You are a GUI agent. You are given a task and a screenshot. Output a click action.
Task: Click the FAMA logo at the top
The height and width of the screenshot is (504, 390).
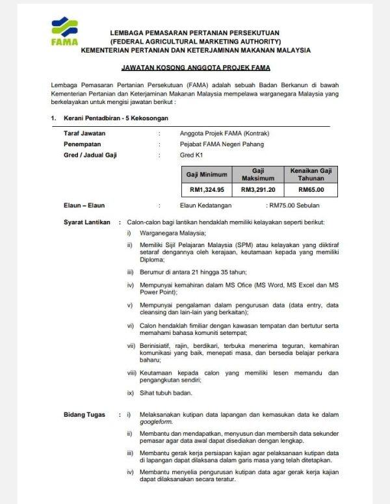click(x=64, y=33)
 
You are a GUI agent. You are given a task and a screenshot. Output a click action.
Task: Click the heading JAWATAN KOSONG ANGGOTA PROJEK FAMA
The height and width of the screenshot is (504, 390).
click(x=196, y=68)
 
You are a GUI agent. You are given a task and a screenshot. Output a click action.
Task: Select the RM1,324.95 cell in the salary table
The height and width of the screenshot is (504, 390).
click(x=207, y=190)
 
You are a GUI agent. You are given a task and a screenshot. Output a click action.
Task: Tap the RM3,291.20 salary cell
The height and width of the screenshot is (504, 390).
click(x=258, y=190)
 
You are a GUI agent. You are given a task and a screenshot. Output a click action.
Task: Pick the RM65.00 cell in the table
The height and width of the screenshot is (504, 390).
click(x=311, y=190)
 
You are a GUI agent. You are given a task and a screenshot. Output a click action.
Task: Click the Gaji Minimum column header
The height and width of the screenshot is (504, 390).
click(x=207, y=174)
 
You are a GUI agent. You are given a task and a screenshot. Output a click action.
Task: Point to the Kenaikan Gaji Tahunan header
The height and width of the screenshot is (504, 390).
click(x=311, y=174)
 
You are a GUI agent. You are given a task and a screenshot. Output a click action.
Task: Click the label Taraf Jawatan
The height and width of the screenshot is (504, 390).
click(x=83, y=133)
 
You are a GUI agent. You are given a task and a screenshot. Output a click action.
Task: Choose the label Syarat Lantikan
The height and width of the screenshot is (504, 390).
click(x=86, y=222)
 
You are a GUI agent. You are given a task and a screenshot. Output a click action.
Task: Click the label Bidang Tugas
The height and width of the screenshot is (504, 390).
click(x=83, y=414)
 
